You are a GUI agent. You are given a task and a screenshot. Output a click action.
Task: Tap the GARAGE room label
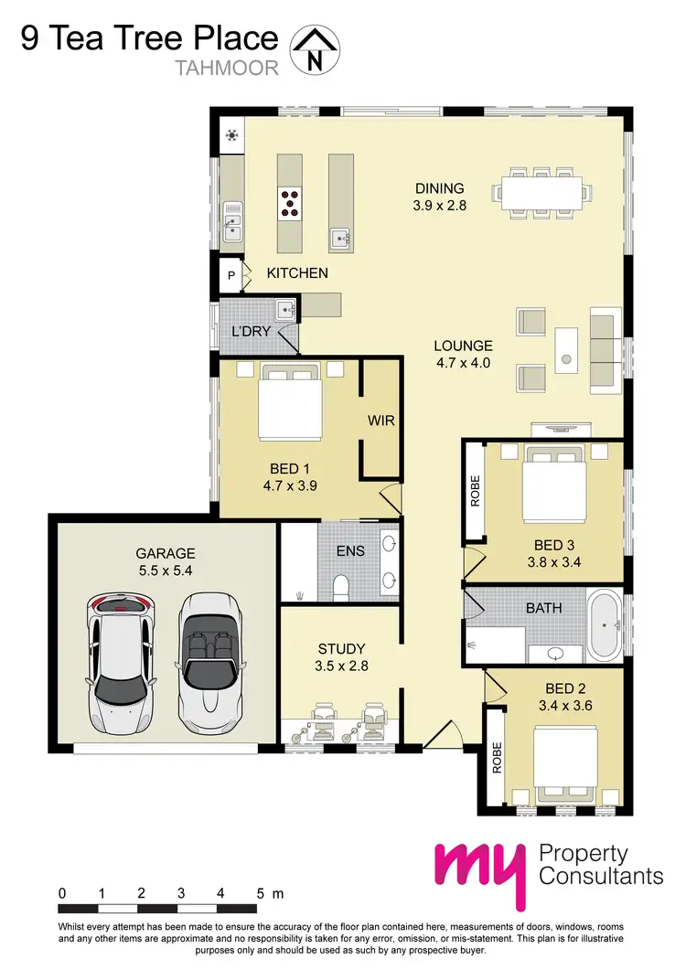coord(166,553)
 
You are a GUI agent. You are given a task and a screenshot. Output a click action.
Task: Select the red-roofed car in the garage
coord(120,663)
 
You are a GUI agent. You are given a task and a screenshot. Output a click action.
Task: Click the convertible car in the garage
coord(209,663)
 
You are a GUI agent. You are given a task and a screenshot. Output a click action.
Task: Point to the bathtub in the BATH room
coord(605,627)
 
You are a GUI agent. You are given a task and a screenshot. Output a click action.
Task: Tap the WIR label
coord(381,421)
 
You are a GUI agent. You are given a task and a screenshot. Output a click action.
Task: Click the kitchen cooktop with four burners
coord(292,203)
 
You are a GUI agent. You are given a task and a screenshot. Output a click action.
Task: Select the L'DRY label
coord(251,331)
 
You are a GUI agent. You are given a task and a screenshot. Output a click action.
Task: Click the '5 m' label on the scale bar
coord(272,892)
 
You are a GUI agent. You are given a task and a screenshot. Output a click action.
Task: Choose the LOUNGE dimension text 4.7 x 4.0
coord(463,363)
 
